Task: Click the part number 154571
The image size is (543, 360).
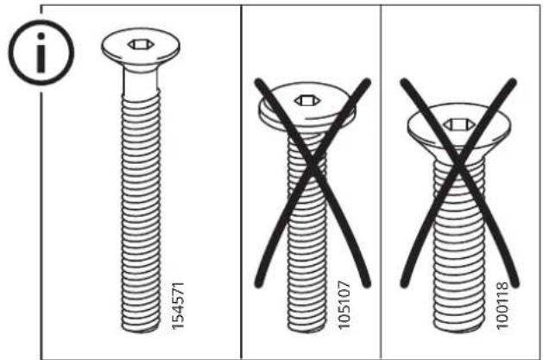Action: [x=179, y=306]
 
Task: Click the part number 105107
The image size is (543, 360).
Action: [x=344, y=306]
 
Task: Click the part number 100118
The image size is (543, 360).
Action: [x=502, y=306]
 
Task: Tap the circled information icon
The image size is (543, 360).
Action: [x=41, y=53]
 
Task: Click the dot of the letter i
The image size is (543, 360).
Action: [x=41, y=36]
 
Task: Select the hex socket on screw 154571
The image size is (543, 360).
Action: [x=140, y=44]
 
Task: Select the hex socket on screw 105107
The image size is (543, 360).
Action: [x=306, y=100]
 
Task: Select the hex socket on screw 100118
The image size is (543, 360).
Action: [x=458, y=124]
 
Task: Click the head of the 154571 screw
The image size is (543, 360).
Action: [x=141, y=48]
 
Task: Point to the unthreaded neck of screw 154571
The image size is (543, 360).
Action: [x=141, y=81]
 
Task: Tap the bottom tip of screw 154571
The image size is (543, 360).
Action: [x=141, y=332]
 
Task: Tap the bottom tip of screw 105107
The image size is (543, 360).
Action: [x=306, y=332]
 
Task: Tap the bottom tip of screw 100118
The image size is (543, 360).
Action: [x=458, y=331]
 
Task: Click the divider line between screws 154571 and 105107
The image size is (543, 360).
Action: [x=241, y=182]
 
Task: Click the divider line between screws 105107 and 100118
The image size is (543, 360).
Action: [x=381, y=182]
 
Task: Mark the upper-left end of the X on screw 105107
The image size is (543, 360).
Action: [x=259, y=83]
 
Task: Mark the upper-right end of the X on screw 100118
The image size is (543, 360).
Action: [x=513, y=82]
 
